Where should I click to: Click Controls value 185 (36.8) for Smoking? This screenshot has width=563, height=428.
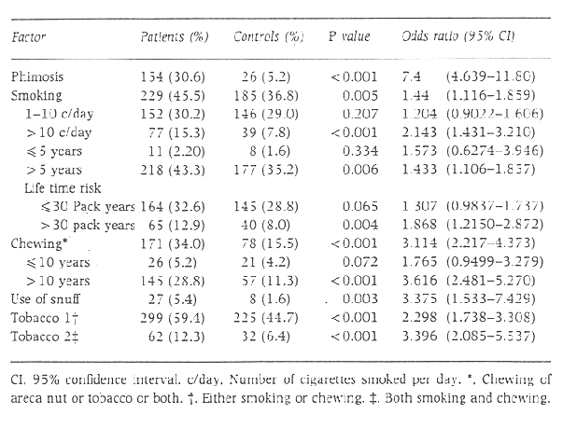point(270,94)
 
